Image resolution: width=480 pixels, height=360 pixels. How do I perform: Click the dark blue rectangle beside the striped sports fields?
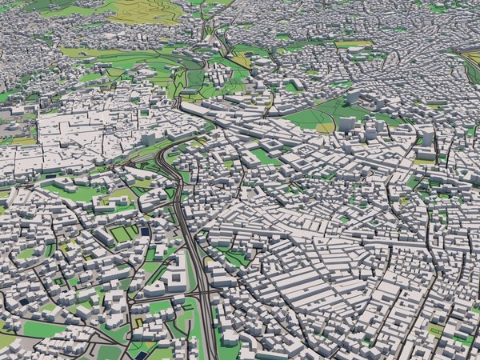[145, 231]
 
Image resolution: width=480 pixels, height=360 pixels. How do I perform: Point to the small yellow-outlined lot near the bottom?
[138, 322]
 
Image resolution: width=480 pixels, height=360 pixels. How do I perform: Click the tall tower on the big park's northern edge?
[353, 98]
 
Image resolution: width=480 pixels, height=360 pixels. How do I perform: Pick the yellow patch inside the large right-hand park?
[325, 127]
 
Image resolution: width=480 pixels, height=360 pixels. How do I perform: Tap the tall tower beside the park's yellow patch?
[346, 125]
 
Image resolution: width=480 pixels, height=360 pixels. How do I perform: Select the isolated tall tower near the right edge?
[428, 137]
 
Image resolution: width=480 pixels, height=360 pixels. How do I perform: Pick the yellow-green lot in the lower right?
[436, 328]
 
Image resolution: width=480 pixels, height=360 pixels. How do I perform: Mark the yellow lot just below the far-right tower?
[424, 161]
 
